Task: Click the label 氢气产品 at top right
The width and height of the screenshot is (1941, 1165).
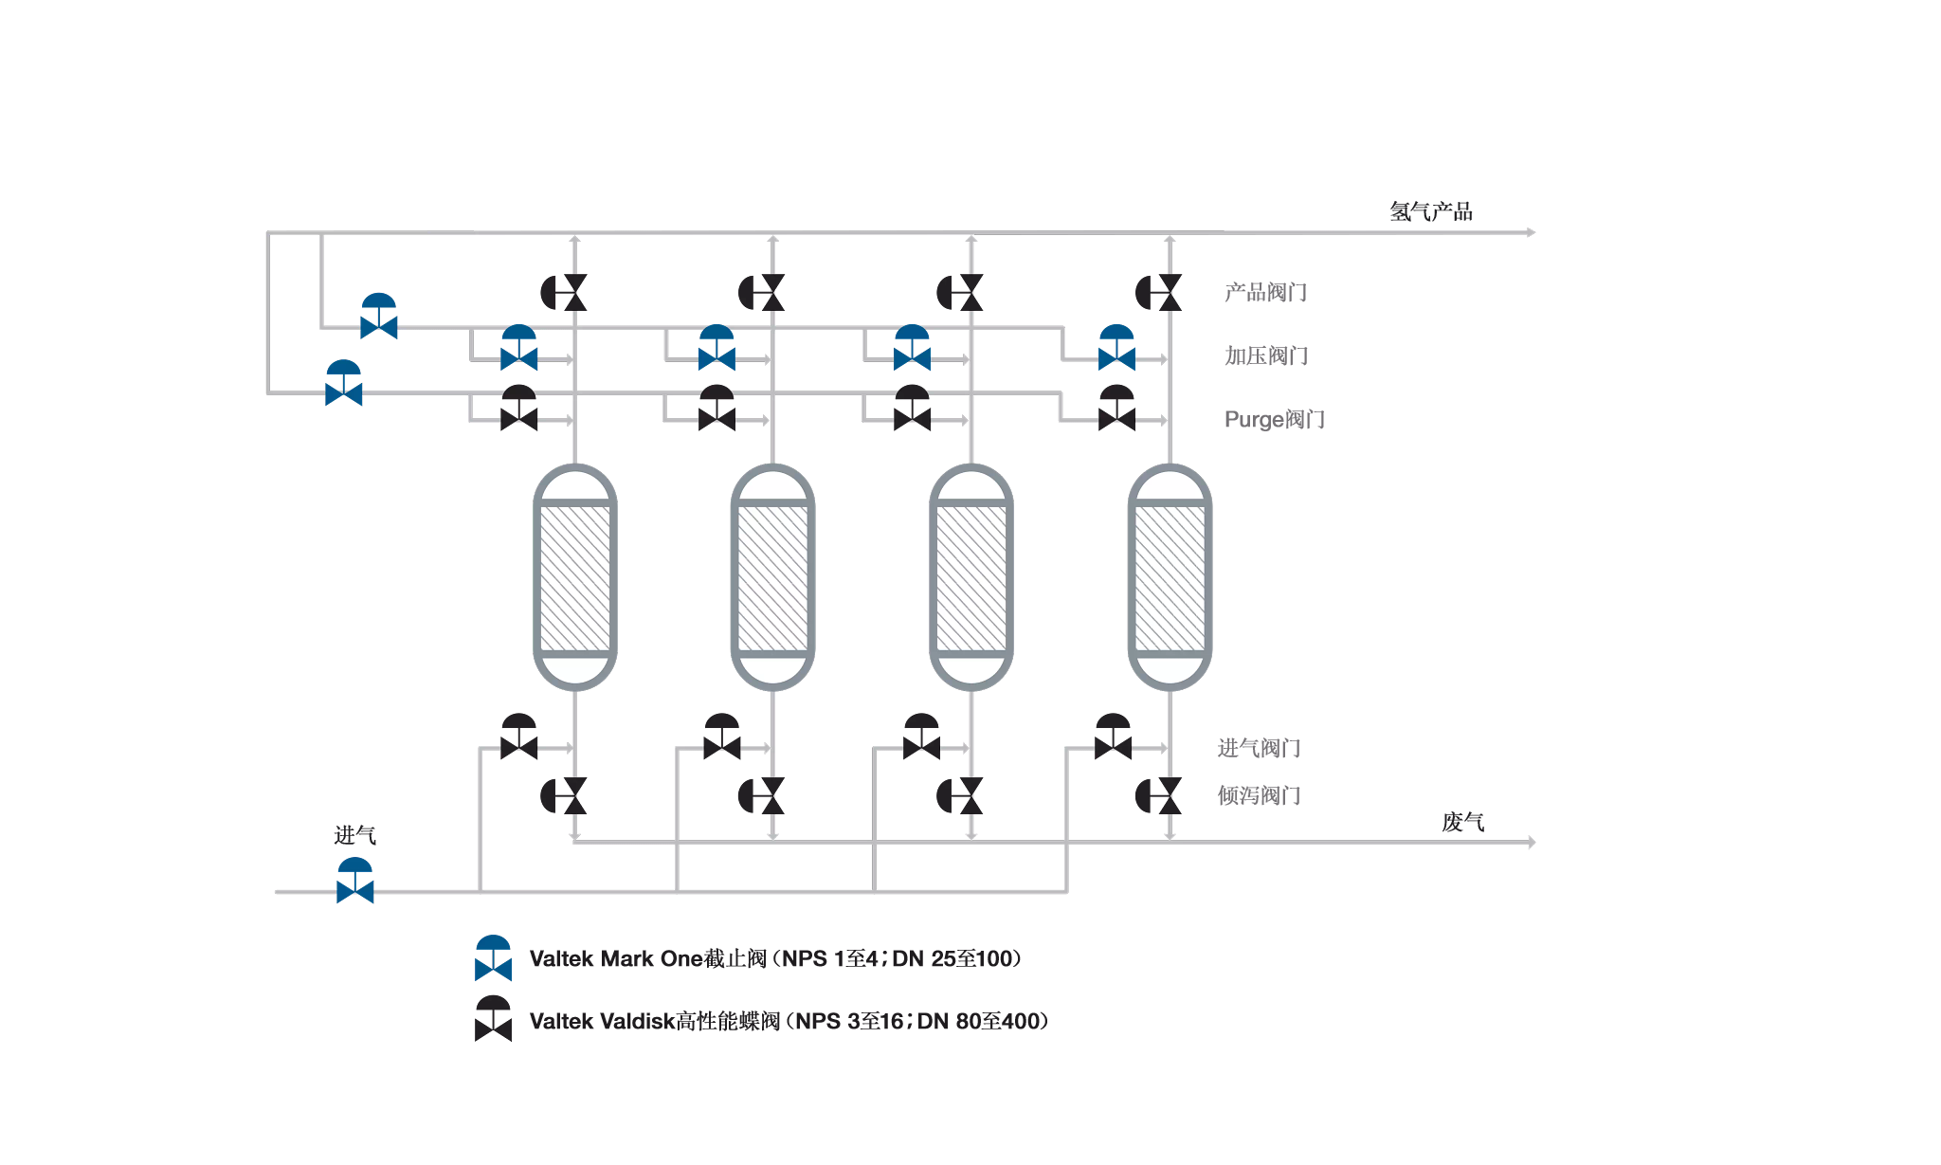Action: (x=1430, y=211)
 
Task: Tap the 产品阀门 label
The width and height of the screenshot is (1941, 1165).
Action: (x=1265, y=292)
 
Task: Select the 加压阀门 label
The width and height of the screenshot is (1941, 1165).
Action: (x=1266, y=355)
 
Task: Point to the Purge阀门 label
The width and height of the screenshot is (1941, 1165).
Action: (x=1274, y=419)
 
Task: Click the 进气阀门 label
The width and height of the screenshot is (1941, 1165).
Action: (x=1259, y=748)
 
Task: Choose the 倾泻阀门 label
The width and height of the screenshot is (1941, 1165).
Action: (x=1259, y=795)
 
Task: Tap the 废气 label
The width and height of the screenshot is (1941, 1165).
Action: (x=1462, y=822)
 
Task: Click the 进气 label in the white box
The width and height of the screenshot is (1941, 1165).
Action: (x=355, y=834)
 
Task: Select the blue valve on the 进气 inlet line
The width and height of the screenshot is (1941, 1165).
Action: (x=355, y=882)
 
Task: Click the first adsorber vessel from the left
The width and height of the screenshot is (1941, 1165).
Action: (x=575, y=577)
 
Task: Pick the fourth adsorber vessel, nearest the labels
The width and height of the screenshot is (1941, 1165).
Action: (x=1170, y=577)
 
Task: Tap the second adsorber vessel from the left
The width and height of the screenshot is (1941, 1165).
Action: (x=773, y=577)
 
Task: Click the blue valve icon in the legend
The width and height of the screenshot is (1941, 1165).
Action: (x=493, y=958)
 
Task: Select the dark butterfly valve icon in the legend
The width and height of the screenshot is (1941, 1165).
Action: (x=493, y=1018)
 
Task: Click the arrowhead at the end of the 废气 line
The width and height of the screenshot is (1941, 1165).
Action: (x=1532, y=842)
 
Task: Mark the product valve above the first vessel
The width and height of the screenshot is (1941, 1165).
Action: (x=565, y=293)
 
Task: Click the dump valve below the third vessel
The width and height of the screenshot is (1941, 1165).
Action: (x=961, y=796)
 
